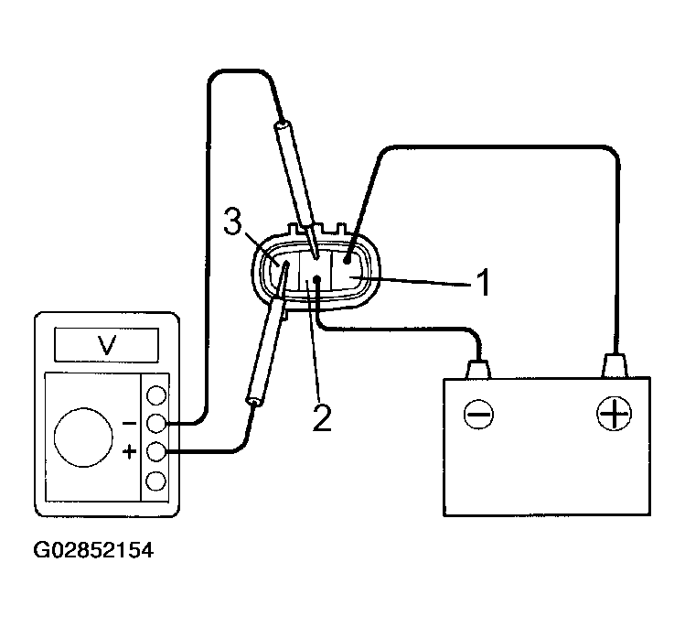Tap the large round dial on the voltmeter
click(x=84, y=435)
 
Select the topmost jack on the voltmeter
click(x=156, y=395)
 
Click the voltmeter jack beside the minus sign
click(x=156, y=424)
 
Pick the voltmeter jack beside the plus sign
click(x=156, y=451)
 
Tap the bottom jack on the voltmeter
click(x=156, y=480)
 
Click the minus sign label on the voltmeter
click(x=130, y=424)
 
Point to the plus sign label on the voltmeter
click(x=130, y=451)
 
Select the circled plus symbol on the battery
click(x=614, y=415)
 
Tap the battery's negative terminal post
click(x=478, y=369)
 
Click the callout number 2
click(x=321, y=416)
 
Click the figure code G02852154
click(x=92, y=552)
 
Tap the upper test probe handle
click(x=294, y=169)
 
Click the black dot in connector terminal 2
click(x=316, y=279)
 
